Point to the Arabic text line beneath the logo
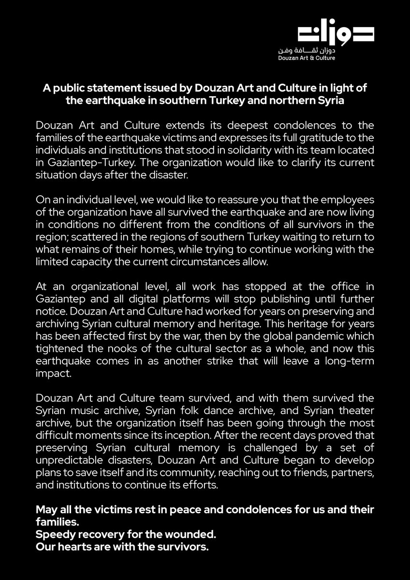click(313, 50)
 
